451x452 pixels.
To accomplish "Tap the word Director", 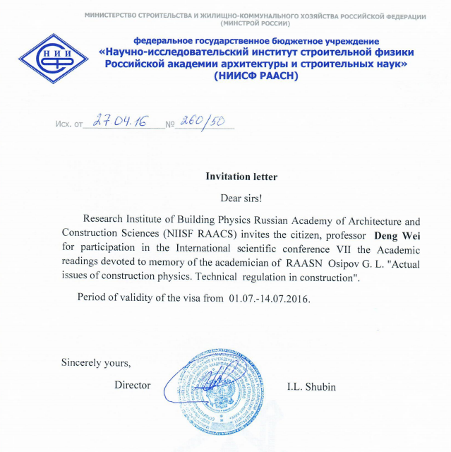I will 133,386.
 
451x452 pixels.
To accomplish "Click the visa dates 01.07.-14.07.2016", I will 269,297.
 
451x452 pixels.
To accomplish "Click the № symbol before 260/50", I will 169,125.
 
